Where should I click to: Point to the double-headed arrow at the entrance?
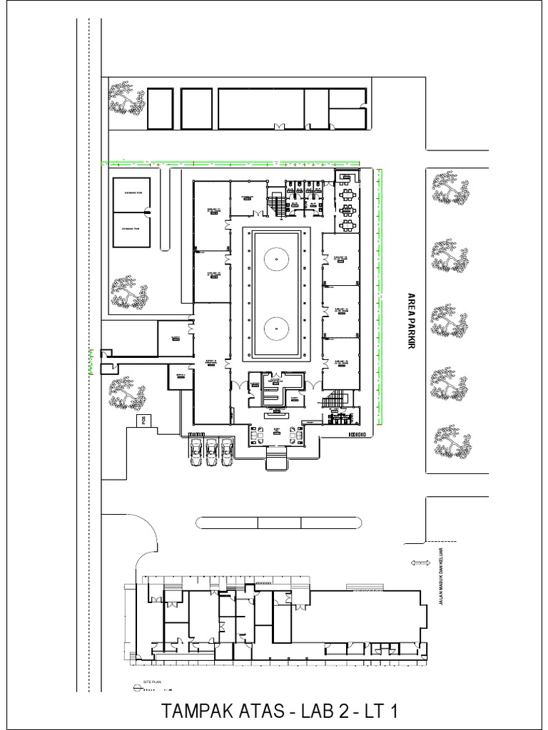pyautogui.click(x=419, y=564)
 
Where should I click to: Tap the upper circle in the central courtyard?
pyautogui.click(x=275, y=257)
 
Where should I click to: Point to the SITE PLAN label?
pyautogui.click(x=153, y=682)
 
